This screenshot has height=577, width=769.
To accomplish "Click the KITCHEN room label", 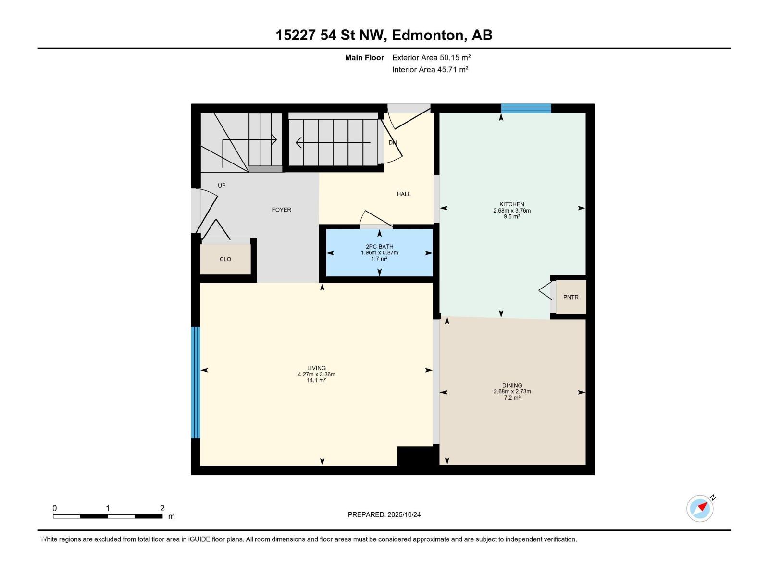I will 511,204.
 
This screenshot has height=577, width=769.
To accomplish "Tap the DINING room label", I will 512,385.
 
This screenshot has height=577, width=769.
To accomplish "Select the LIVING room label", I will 316,368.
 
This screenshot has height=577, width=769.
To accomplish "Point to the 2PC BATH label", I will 379,247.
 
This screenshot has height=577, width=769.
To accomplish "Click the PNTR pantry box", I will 571,297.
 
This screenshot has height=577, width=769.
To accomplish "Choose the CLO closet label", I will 225,259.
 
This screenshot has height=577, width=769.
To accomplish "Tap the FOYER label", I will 281,210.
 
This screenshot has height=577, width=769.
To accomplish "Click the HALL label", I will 404,194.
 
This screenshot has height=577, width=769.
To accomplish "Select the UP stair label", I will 222,185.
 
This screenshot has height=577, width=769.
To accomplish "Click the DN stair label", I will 392,143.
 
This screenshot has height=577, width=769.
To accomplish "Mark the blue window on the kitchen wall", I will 526,108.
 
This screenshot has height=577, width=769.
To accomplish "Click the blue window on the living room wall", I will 196,382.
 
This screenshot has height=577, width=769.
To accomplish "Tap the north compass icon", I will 700,508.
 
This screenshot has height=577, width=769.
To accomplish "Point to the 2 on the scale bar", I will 162,508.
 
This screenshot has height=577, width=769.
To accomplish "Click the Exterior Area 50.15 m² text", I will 431,57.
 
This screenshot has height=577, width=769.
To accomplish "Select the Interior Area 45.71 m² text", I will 430,69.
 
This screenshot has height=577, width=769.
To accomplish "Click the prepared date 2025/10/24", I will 403,514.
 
